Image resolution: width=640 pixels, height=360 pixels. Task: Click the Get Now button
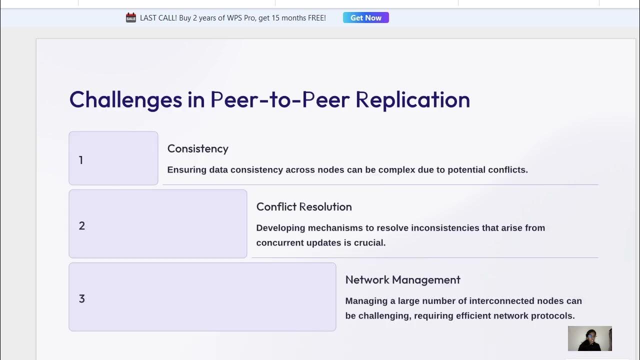365,18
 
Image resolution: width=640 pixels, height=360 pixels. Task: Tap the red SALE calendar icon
131,18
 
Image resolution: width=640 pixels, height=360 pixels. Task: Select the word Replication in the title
412,100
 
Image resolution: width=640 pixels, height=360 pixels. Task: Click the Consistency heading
197,149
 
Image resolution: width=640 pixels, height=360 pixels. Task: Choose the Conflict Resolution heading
304,207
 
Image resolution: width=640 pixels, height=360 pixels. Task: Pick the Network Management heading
402,280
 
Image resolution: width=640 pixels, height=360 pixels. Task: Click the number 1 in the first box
81,160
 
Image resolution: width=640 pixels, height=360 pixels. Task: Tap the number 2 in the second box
82,226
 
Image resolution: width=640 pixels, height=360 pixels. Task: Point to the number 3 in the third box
82,299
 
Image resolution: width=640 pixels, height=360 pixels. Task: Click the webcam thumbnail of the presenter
589,338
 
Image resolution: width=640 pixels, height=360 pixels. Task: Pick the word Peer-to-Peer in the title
280,100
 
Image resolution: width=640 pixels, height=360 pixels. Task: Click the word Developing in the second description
280,228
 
